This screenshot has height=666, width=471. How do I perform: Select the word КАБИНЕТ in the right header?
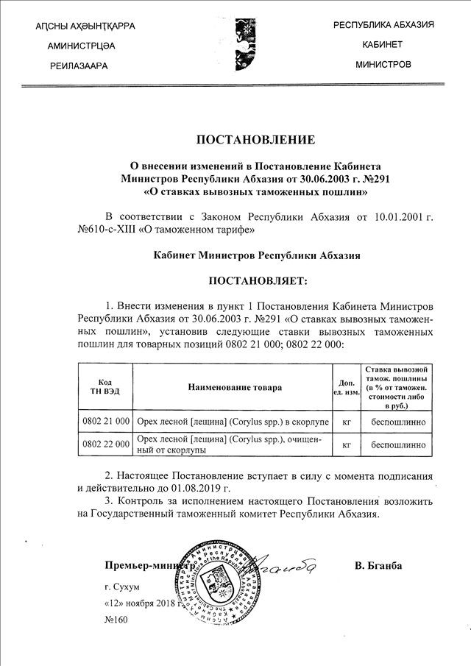(383, 45)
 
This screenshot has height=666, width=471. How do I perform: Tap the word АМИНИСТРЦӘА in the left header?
(80, 46)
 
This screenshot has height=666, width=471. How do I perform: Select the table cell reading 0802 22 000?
(107, 444)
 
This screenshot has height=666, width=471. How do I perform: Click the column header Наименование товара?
(234, 387)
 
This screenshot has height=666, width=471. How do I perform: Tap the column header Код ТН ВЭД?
(105, 387)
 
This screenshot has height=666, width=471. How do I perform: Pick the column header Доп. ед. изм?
(347, 387)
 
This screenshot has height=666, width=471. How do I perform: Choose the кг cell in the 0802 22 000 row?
(347, 444)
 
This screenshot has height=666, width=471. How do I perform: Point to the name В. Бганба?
(378, 565)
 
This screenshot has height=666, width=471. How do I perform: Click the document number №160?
(116, 620)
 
